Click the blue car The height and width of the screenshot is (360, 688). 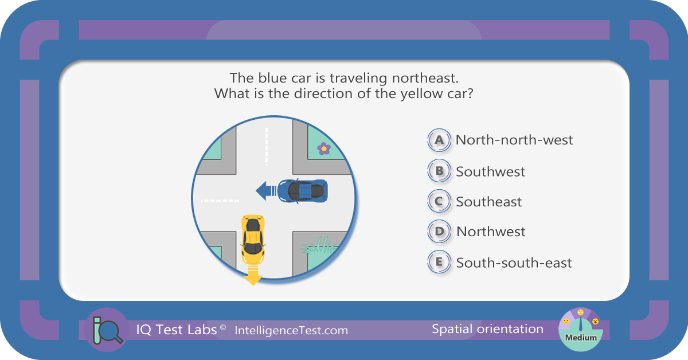(303, 191)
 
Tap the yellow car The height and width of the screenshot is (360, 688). (253, 240)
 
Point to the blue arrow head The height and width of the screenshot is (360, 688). (261, 191)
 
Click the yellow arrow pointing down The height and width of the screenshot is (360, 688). (253, 276)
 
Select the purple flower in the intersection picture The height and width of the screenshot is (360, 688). (324, 149)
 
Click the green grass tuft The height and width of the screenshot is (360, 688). (319, 245)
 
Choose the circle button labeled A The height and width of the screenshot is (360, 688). (439, 140)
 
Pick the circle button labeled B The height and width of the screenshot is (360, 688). (439, 171)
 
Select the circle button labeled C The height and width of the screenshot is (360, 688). (439, 201)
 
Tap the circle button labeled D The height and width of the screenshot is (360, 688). (439, 231)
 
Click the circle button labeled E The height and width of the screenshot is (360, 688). (439, 262)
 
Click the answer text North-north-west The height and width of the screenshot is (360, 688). (514, 140)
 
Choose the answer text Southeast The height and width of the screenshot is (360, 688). (488, 202)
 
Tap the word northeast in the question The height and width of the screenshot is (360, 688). (425, 78)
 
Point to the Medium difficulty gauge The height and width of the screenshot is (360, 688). (580, 330)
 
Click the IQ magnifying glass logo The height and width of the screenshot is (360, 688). (107, 330)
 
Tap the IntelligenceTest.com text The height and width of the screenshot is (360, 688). (291, 331)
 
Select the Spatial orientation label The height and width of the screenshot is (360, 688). (487, 329)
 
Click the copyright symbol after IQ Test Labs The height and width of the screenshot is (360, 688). (223, 327)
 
